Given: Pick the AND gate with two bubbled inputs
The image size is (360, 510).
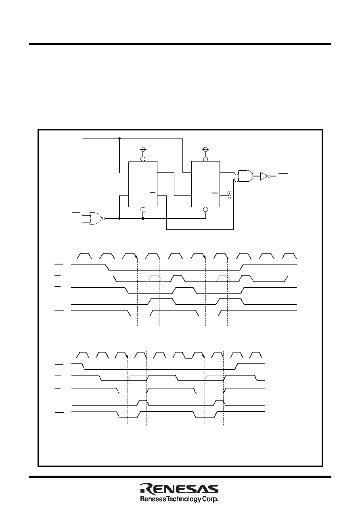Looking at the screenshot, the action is (x=245, y=176).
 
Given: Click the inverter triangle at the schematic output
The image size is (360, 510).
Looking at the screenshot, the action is (x=264, y=176).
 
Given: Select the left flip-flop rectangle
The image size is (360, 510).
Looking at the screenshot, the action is (x=143, y=184).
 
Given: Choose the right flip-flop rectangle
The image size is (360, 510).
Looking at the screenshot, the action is (x=205, y=184).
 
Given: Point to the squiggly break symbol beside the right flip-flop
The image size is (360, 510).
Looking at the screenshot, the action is (x=229, y=195).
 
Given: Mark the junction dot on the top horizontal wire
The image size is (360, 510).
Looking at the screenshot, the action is (x=119, y=139).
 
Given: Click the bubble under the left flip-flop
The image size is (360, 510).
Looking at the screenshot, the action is (x=143, y=209).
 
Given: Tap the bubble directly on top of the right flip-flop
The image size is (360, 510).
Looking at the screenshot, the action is (x=205, y=159).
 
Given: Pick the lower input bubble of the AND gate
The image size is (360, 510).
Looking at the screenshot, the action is (x=236, y=180).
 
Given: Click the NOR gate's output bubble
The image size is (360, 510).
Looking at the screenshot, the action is (x=104, y=218).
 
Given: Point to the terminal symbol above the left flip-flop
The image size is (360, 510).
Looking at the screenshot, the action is (x=143, y=149).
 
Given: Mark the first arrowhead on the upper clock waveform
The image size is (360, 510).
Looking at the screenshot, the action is (x=136, y=257).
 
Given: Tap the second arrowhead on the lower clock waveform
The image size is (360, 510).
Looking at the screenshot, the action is (x=204, y=356).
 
